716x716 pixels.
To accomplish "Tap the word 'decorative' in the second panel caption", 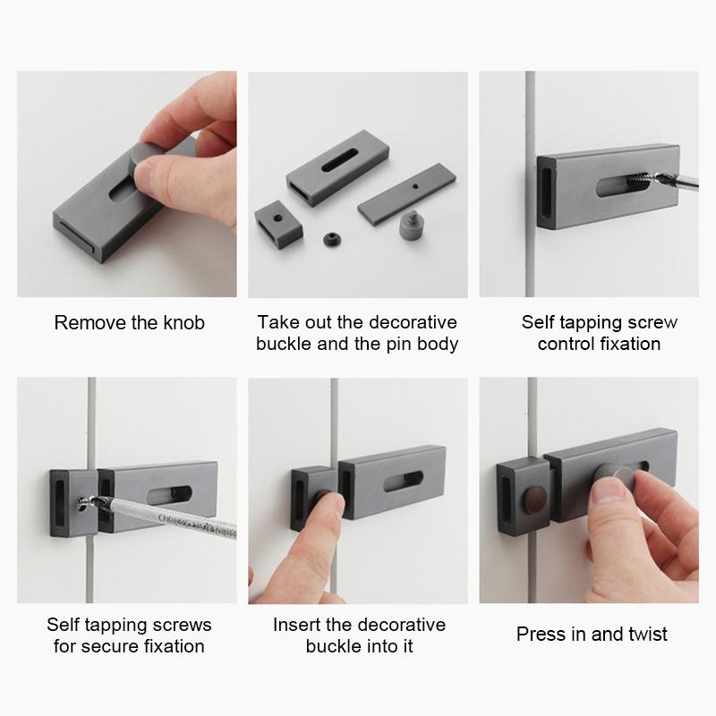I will (x=413, y=322).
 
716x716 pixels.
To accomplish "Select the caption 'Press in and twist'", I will (x=592, y=635).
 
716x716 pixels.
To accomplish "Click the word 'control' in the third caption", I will (x=567, y=344).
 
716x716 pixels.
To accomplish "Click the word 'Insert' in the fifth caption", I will (x=298, y=625).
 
